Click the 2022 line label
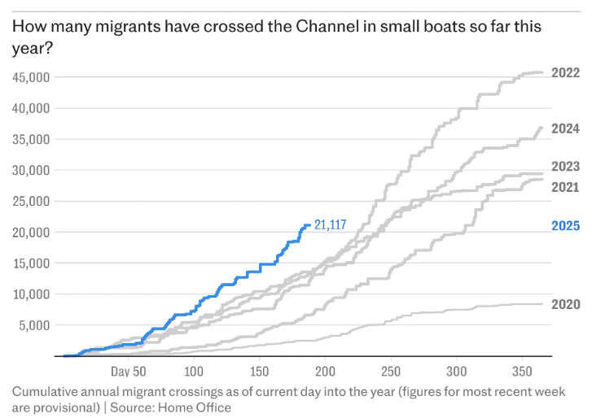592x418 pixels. point(565,72)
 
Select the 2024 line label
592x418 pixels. point(565,128)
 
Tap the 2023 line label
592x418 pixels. point(565,168)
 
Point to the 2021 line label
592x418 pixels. point(565,187)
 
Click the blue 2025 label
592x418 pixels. point(565,225)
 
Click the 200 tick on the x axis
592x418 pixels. point(326,372)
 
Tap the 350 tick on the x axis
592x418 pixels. point(524,372)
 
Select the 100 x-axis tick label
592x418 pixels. point(194,372)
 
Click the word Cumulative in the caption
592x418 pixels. point(45,391)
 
